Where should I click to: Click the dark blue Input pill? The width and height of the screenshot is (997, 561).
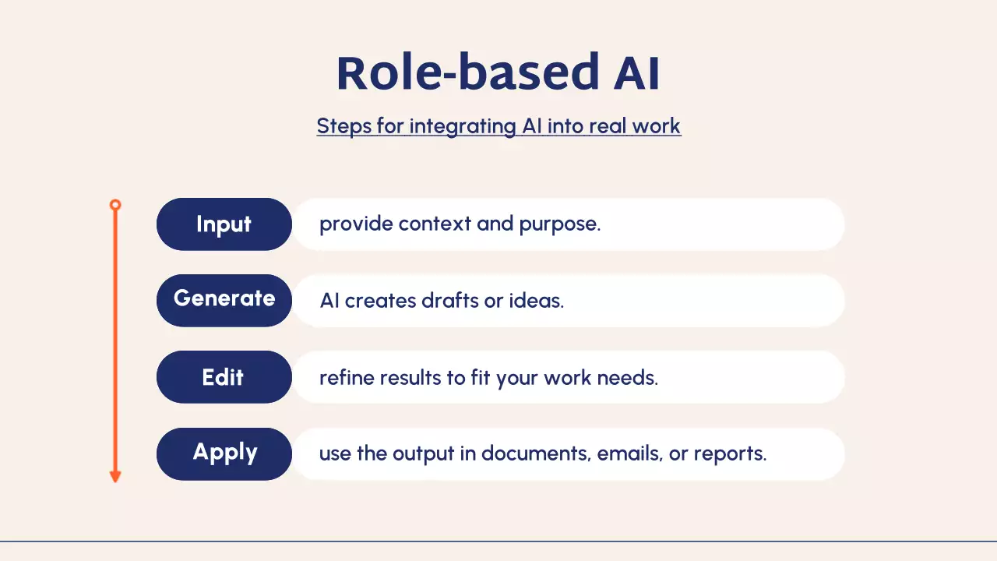pyautogui.click(x=224, y=224)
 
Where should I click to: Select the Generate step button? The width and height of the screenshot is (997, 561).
pyautogui.click(x=224, y=301)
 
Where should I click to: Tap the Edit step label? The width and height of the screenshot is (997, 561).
pyautogui.click(x=224, y=377)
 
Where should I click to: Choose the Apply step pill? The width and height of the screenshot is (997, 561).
pyautogui.click(x=224, y=454)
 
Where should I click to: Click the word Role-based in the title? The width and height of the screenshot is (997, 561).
pyautogui.click(x=468, y=72)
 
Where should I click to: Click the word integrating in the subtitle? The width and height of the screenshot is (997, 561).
pyautogui.click(x=463, y=127)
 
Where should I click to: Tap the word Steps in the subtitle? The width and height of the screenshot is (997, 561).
pyautogui.click(x=344, y=127)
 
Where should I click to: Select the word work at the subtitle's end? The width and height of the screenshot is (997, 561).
pyautogui.click(x=657, y=126)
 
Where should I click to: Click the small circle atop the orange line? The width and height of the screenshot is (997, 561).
pyautogui.click(x=115, y=205)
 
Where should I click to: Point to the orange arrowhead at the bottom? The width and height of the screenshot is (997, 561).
pyautogui.click(x=115, y=476)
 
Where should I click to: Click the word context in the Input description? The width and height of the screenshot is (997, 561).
pyautogui.click(x=435, y=224)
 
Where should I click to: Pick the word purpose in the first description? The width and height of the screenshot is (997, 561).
pyautogui.click(x=560, y=224)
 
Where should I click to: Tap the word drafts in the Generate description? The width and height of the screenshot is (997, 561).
pyautogui.click(x=450, y=301)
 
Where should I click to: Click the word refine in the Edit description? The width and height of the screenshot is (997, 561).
pyautogui.click(x=347, y=378)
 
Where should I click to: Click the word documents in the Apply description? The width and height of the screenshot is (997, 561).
pyautogui.click(x=537, y=453)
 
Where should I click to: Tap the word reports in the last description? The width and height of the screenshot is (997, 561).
pyautogui.click(x=730, y=454)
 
